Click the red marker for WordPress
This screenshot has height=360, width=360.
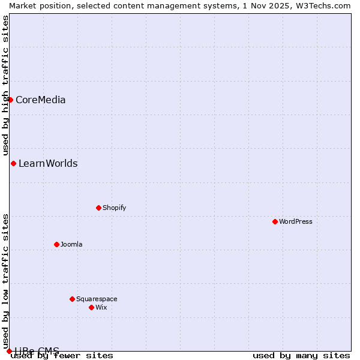click(275, 221)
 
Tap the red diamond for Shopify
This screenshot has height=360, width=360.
click(98, 208)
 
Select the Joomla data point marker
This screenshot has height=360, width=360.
click(56, 244)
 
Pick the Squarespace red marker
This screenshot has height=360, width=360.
click(72, 299)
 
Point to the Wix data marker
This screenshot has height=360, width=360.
click(91, 307)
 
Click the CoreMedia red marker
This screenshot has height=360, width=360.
click(10, 100)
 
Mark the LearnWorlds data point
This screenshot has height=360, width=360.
click(13, 163)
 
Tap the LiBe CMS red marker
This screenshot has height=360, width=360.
click(9, 351)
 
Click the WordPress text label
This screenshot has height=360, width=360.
click(296, 221)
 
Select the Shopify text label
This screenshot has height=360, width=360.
click(114, 208)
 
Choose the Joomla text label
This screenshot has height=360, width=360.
click(71, 244)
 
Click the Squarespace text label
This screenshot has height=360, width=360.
click(97, 299)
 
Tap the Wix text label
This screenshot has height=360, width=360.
click(101, 307)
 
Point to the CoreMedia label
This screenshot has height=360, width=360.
click(41, 100)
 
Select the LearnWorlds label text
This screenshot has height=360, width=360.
click(48, 163)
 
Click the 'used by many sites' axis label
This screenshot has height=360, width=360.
click(301, 355)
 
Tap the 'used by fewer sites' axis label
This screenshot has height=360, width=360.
click(62, 355)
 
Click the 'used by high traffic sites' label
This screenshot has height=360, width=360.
click(5, 85)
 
